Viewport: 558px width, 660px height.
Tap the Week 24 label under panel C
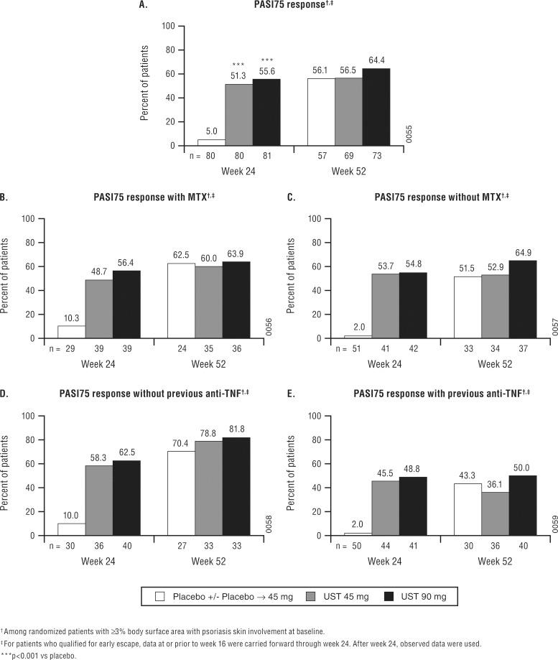click(x=383, y=364)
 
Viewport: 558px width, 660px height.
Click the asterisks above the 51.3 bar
click(x=238, y=65)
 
